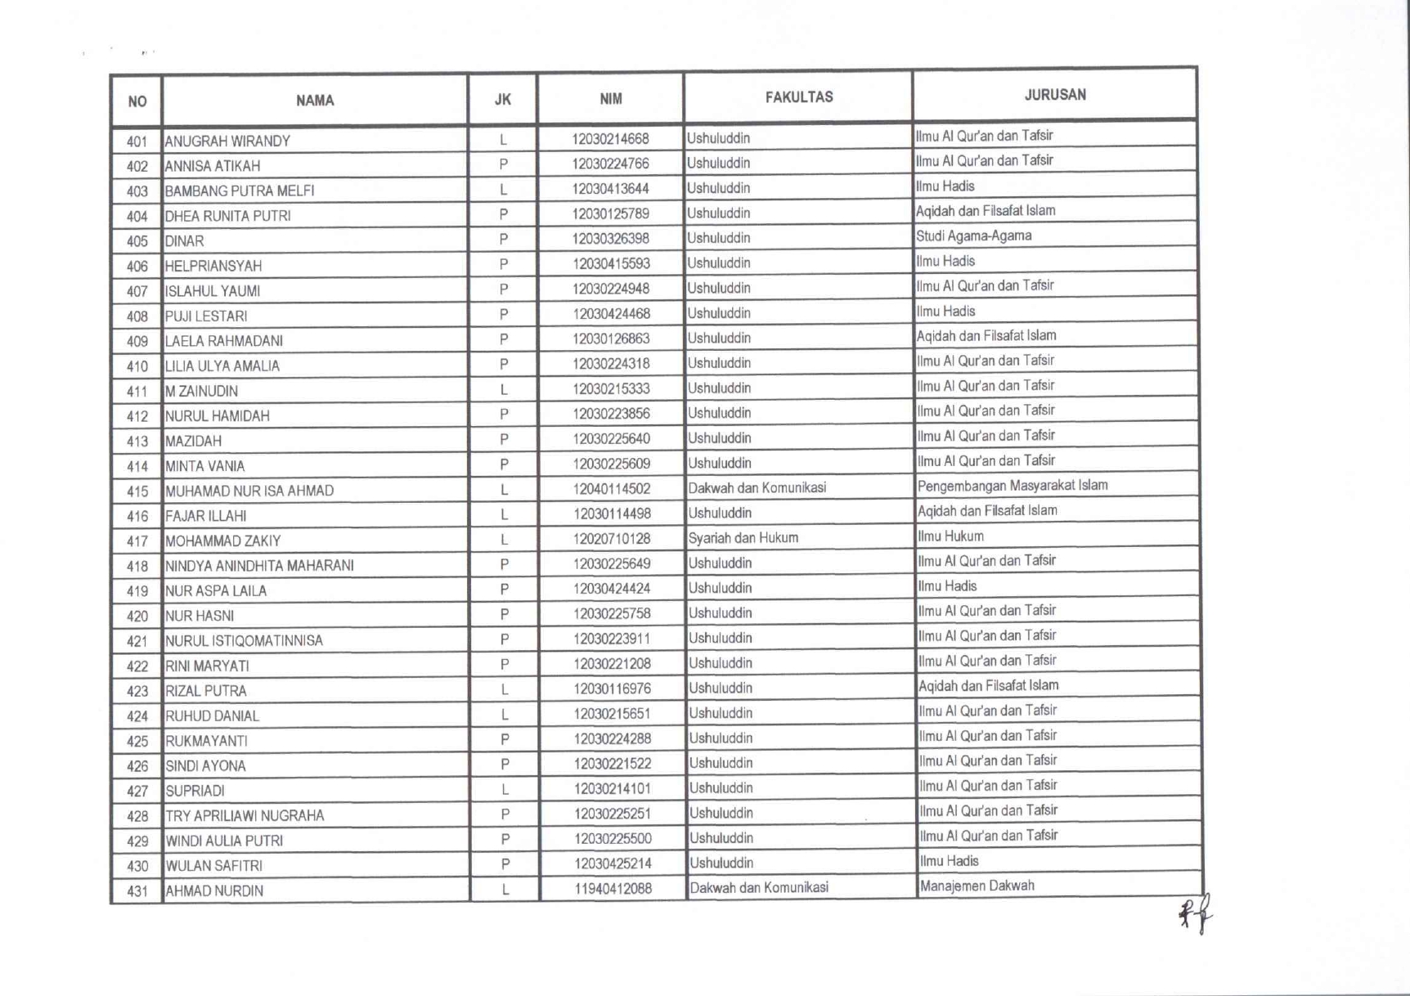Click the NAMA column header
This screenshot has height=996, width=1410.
pyautogui.click(x=315, y=101)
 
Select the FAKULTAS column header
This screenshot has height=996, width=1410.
pyautogui.click(x=798, y=97)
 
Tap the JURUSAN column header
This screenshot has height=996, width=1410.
pyautogui.click(x=1054, y=95)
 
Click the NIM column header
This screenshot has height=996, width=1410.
pyautogui.click(x=610, y=99)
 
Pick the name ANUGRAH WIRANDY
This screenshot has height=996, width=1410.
pyautogui.click(x=227, y=141)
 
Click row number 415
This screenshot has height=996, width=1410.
pyautogui.click(x=137, y=491)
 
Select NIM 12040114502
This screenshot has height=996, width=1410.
pyautogui.click(x=611, y=489)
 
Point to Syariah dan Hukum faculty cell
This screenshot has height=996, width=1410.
pyautogui.click(x=743, y=538)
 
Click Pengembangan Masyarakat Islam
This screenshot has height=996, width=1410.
pyautogui.click(x=1012, y=486)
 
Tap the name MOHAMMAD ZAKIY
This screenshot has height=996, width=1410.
pyautogui.click(x=222, y=541)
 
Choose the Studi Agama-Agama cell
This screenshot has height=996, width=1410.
pyautogui.click(x=973, y=236)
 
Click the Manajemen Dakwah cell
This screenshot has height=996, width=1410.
pyautogui.click(x=977, y=886)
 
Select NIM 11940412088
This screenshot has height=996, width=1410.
pyautogui.click(x=613, y=888)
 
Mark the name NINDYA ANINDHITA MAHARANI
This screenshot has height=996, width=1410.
pyautogui.click(x=259, y=566)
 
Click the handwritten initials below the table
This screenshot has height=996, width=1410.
pyautogui.click(x=1195, y=914)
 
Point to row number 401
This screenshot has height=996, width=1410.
pyautogui.click(x=137, y=141)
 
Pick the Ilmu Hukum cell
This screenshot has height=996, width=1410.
pyautogui.click(x=950, y=536)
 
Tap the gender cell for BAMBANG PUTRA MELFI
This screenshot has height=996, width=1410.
pyautogui.click(x=503, y=190)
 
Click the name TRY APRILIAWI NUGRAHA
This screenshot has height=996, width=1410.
pyautogui.click(x=245, y=816)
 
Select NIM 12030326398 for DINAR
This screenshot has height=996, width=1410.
pyautogui.click(x=611, y=239)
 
